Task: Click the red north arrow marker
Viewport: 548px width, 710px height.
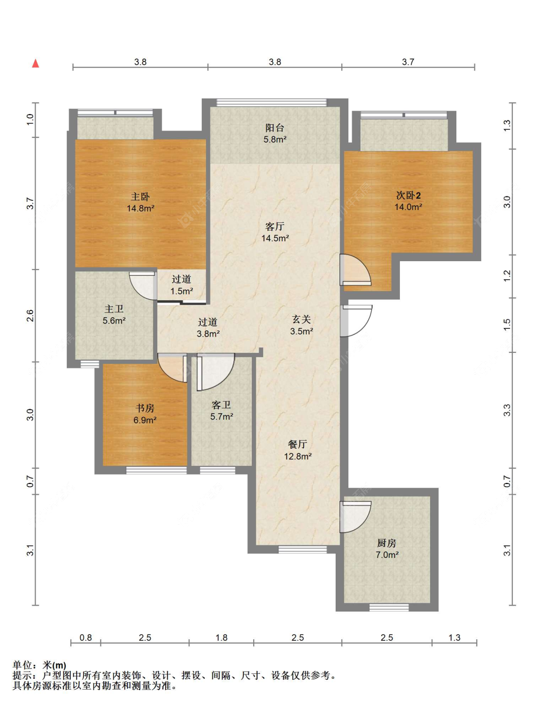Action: point(36,63)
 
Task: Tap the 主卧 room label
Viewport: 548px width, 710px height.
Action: point(140,196)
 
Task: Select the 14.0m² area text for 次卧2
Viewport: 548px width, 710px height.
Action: point(408,207)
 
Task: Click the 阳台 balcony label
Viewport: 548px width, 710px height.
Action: point(275,128)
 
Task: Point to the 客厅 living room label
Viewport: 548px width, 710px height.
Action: point(275,226)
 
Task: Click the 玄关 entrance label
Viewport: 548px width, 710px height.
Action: point(301,319)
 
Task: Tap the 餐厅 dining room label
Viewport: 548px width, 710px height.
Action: point(297,444)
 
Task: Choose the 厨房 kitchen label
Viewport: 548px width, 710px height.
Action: point(387,542)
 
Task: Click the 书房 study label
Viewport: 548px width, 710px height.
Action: point(145,408)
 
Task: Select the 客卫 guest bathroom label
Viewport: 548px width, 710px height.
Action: point(221,405)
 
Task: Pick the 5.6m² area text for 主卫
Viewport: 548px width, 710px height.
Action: point(114,321)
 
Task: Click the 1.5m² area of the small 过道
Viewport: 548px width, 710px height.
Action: point(182,291)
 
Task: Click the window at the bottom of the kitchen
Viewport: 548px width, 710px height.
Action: point(389,607)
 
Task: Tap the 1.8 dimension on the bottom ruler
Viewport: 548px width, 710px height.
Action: point(222,637)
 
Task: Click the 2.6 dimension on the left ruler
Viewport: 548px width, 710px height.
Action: point(30,315)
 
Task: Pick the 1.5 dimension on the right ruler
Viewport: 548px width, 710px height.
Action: point(507,325)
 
